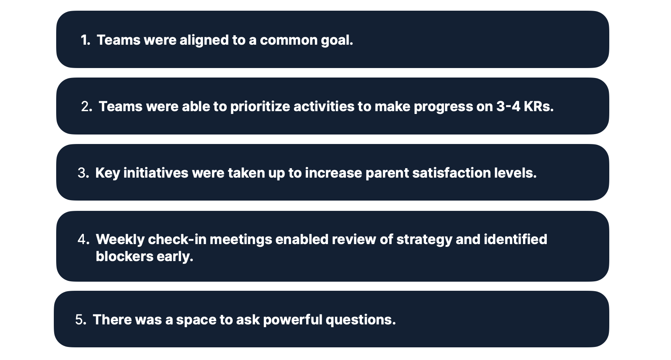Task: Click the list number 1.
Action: (x=85, y=40)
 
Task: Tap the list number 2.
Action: (x=87, y=107)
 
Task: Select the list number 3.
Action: (x=83, y=173)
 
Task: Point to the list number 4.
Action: (x=83, y=239)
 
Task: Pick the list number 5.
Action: (x=81, y=320)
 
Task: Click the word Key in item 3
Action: (x=108, y=174)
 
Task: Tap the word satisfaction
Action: (x=451, y=173)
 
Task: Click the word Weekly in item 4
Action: (x=120, y=240)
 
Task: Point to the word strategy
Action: (x=424, y=240)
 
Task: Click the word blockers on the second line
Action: (x=125, y=256)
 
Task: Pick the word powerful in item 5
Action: (x=293, y=320)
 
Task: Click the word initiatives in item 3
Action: (x=156, y=173)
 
